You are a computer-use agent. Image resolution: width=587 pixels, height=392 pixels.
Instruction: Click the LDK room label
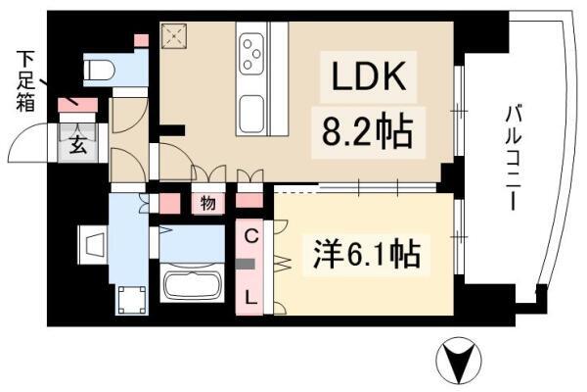(369, 76)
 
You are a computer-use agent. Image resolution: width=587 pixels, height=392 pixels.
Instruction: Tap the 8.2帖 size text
(368, 132)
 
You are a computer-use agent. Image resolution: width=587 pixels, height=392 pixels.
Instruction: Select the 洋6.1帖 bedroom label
(367, 255)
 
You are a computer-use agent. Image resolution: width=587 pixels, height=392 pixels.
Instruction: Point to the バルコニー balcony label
(514, 158)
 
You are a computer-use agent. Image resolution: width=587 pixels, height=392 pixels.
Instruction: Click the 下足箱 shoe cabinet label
(25, 81)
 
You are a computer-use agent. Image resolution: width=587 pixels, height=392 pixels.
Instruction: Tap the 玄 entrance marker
(78, 144)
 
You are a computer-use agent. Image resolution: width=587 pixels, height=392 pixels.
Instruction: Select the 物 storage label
(208, 203)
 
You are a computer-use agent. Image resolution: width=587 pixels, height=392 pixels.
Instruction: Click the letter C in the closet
(251, 236)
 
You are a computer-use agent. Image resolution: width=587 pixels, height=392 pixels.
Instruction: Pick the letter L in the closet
(251, 298)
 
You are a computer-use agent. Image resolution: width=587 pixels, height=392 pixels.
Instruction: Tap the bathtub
(193, 286)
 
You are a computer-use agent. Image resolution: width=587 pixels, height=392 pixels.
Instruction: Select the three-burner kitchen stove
(251, 54)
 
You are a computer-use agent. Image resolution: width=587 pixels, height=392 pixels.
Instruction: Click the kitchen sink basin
(251, 114)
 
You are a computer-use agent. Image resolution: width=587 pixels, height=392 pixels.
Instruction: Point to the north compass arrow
(459, 360)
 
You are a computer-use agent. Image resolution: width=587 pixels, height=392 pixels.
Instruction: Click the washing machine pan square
(132, 300)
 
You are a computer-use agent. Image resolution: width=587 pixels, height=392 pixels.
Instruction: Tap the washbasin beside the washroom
(93, 246)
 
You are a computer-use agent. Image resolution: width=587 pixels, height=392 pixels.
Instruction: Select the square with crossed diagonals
(174, 36)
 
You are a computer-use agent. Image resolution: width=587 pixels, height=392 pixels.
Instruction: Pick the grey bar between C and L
(246, 265)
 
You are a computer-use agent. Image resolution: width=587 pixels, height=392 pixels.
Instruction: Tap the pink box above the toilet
(141, 40)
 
